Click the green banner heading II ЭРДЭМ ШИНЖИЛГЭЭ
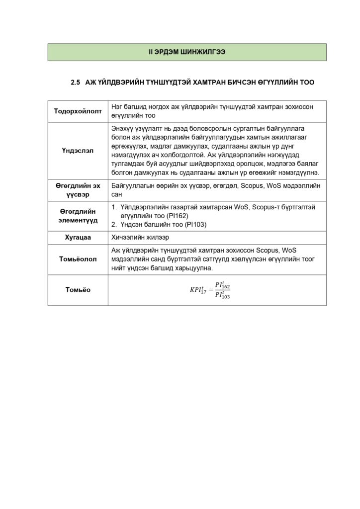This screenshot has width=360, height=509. [187, 52]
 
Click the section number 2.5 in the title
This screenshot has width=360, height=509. [76, 83]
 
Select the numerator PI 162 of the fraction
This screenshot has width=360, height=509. [222, 285]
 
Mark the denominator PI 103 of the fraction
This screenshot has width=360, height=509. [222, 295]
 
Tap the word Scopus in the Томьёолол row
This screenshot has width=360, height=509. [269, 250]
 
